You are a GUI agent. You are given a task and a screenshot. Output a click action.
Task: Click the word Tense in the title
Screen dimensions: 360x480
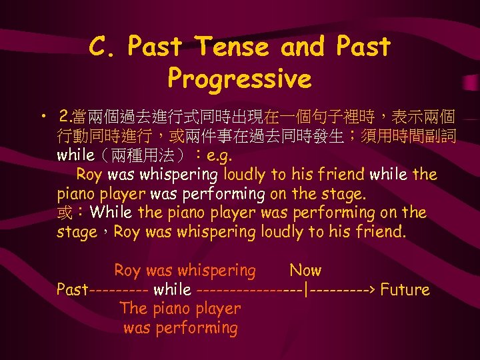point(233,47)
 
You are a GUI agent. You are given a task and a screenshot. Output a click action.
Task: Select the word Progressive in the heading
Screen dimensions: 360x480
point(239,79)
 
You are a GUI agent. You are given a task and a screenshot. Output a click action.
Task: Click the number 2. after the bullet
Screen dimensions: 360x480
point(65,119)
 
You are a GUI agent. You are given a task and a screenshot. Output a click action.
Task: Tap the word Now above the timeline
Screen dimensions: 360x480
point(305,271)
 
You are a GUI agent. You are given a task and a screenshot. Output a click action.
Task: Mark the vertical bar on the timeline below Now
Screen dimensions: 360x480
point(305,290)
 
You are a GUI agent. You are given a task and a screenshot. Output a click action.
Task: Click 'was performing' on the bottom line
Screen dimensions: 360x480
point(181,328)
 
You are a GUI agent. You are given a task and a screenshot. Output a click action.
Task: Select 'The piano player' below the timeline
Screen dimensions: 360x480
point(180,309)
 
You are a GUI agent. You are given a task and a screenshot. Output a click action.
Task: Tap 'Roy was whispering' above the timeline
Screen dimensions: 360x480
point(185,271)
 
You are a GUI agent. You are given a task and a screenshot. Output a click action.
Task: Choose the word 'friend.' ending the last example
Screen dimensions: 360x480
point(381,232)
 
